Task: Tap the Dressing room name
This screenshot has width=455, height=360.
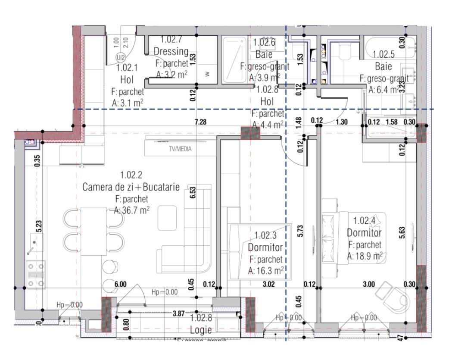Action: click(x=171, y=52)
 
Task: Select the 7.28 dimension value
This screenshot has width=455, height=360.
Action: click(x=200, y=122)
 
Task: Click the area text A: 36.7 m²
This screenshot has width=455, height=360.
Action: click(x=131, y=210)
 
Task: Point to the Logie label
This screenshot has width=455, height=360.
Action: click(x=201, y=330)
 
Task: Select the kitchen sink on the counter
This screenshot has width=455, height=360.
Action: click(x=34, y=243)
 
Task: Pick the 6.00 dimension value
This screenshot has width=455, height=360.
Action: click(x=121, y=284)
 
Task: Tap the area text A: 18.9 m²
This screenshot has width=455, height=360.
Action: click(x=365, y=256)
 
